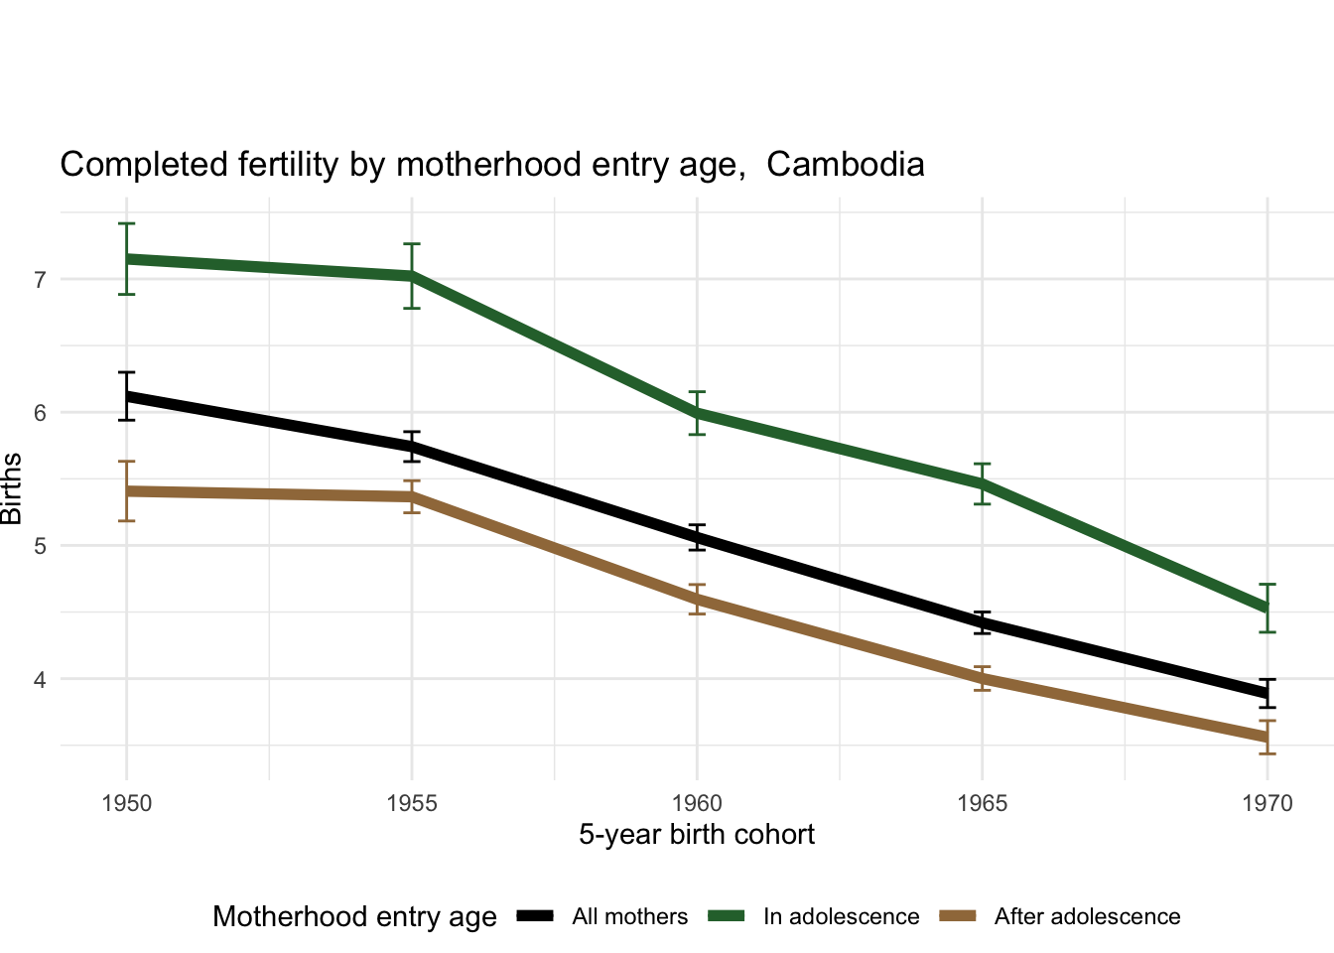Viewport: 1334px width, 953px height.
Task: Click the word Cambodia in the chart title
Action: (845, 165)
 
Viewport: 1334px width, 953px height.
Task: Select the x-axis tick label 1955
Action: (412, 803)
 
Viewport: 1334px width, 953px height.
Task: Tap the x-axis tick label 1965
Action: (982, 803)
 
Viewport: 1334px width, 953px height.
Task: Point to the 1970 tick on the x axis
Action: (1267, 803)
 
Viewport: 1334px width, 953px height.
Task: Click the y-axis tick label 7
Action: (41, 280)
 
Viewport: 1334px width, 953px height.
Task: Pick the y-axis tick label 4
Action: (41, 680)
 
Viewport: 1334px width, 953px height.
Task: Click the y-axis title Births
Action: (12, 488)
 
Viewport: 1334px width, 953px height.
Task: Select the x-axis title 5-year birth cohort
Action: (697, 835)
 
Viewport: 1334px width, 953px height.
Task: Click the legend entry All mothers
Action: (629, 917)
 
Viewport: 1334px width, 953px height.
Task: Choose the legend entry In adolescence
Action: (841, 917)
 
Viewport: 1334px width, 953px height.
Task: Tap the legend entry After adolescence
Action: (1087, 917)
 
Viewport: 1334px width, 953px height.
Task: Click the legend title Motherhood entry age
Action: (354, 917)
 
